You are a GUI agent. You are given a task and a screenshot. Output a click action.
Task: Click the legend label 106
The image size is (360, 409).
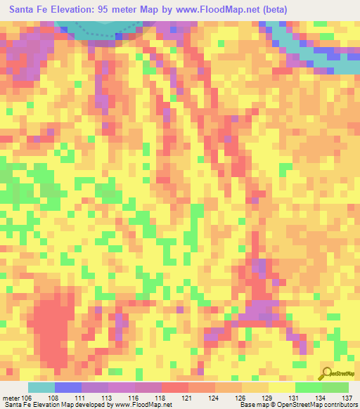(27, 398)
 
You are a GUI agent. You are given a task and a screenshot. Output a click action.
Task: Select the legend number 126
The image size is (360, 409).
(241, 398)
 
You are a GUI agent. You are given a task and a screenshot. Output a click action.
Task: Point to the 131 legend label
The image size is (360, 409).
(295, 398)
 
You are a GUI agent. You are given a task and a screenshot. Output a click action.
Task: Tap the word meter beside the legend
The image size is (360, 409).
(11, 398)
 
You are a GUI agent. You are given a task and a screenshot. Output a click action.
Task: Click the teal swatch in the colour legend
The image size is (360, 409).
(41, 387)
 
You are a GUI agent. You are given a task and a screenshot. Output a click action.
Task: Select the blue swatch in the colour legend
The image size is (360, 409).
(67, 387)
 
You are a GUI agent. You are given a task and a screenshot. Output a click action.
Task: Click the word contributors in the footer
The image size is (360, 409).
(341, 405)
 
